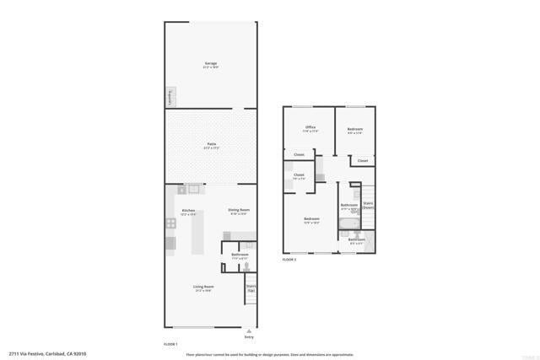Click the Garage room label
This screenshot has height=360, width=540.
coord(210,65)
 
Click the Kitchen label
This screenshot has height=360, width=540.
coord(188,212)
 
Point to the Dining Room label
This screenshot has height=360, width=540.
coord(239,212)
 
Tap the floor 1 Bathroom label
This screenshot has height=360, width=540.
coord(240,255)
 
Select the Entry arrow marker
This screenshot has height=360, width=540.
coord(248,331)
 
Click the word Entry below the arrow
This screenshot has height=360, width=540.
coord(248,338)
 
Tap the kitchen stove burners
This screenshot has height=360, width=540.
coord(170,223)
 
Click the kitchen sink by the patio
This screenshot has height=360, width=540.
coord(192,189)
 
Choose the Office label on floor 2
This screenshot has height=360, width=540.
coord(310,129)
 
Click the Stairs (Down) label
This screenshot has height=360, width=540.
coord(368,205)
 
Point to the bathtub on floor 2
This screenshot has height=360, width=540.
coord(348,223)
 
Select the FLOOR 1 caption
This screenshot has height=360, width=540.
coord(170,345)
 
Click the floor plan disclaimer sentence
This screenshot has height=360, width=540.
coord(270,354)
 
